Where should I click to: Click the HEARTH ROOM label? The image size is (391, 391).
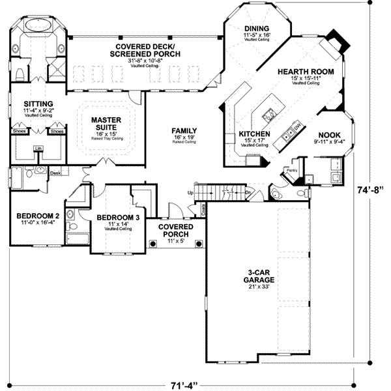[306, 71]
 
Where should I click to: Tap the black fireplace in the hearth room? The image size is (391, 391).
[334, 37]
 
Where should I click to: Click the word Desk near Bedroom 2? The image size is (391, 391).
[55, 173]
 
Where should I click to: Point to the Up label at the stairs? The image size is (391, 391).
[190, 194]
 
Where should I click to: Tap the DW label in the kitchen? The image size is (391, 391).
[297, 125]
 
